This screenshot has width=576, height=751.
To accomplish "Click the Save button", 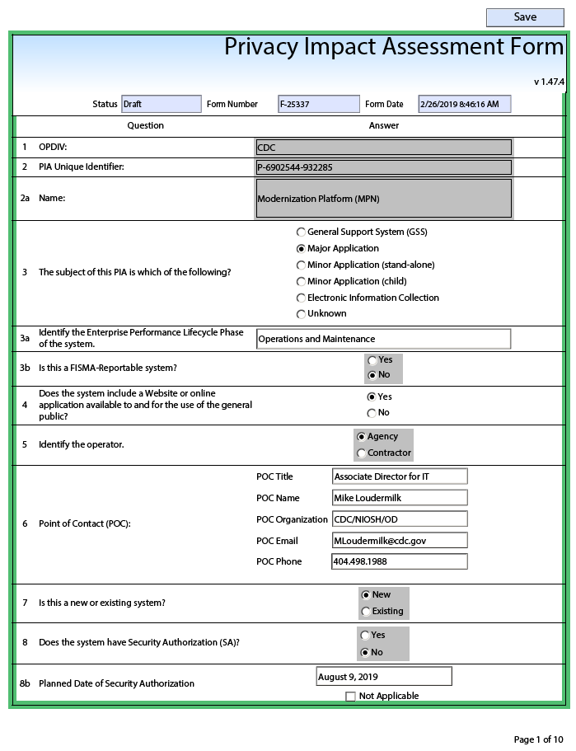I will coord(525,17).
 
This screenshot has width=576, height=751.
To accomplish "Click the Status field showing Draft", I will coord(162,104).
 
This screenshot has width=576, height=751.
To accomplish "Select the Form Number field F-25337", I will coord(319,104).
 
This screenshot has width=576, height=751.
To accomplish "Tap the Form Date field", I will coord(464,104).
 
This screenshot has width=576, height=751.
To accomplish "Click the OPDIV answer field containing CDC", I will coord(384,148).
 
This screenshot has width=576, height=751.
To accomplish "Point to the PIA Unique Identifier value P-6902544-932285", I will coord(384,167).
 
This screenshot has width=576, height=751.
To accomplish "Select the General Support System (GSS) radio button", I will coord(302,232).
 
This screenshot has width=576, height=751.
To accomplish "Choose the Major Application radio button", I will coord(302,248).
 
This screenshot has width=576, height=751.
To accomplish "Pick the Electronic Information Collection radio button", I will coord(302,298).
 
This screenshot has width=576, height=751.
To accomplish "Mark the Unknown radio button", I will coord(302,314).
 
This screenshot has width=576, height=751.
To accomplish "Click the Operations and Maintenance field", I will coord(383,339).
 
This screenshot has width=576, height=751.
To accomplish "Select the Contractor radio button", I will coord(362,453).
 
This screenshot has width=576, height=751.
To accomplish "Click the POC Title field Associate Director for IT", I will coord(400,476).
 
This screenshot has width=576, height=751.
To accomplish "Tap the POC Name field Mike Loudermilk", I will coord(400,498).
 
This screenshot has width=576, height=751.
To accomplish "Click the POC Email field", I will coord(400,541).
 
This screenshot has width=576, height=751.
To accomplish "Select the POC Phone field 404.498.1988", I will coord(400,561).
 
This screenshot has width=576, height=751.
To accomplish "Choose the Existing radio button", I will coord(367,612).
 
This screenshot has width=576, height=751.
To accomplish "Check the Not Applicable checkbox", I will coord(351,697).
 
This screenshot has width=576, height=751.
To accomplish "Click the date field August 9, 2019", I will coord(384,677).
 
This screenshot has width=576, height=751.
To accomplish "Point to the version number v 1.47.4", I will coord(549,82).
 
